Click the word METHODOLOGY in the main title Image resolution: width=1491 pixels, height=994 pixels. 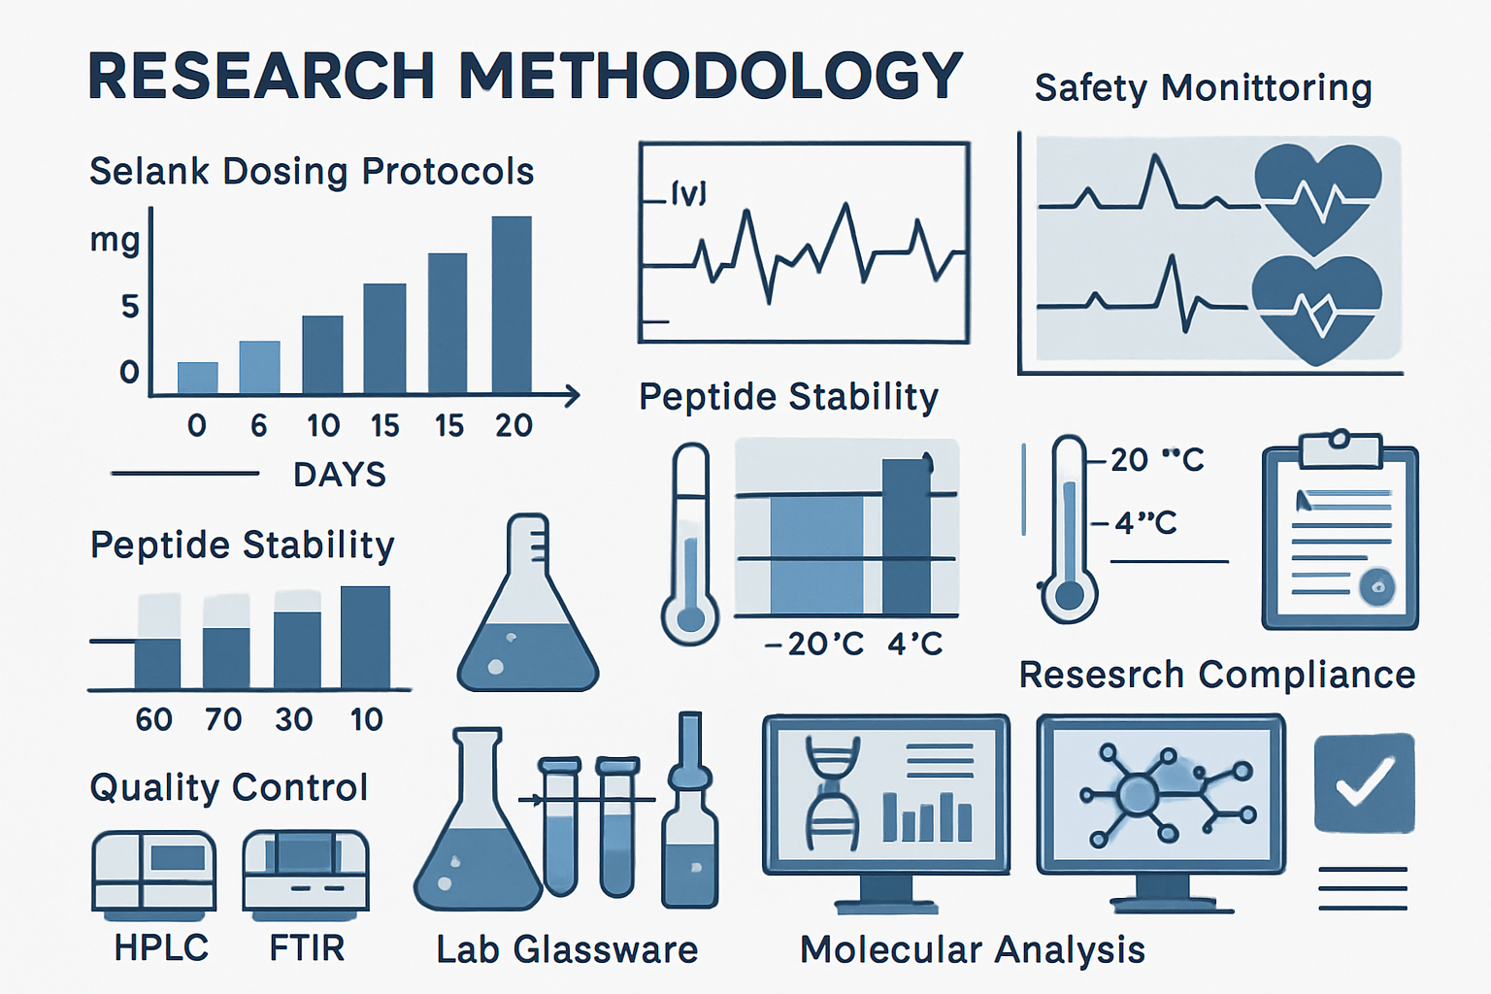(x=710, y=76)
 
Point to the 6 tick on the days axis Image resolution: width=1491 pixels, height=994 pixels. (x=258, y=425)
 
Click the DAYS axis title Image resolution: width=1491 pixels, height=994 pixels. (x=340, y=475)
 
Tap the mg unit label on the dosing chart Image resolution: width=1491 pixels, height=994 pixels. (x=115, y=239)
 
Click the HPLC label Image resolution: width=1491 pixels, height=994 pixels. (x=161, y=947)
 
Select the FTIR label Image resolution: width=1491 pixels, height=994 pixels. (x=307, y=947)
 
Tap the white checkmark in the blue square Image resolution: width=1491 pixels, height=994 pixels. (x=1364, y=781)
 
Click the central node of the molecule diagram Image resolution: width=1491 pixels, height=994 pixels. (x=1137, y=795)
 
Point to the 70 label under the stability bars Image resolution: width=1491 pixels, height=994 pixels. (x=223, y=719)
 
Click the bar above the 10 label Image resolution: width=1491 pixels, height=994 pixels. (x=365, y=637)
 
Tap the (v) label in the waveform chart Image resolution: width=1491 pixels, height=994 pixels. (x=688, y=194)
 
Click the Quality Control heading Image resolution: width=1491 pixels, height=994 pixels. (x=229, y=787)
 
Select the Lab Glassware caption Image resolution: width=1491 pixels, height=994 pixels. (x=567, y=949)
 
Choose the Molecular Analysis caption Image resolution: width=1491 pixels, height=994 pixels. (x=973, y=949)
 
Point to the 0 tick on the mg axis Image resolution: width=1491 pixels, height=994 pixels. (x=129, y=372)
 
